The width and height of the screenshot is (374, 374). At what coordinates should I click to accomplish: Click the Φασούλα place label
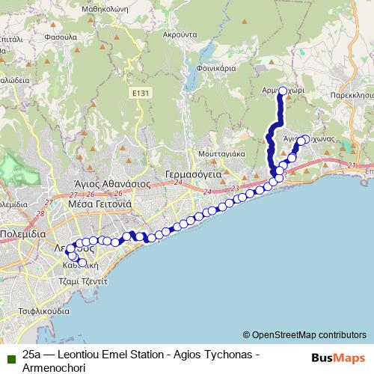click(x=37, y=35)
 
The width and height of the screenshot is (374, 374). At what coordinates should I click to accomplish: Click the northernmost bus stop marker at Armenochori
click(x=283, y=92)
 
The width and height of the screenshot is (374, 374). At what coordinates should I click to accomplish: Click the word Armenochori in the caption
click(x=55, y=368)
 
